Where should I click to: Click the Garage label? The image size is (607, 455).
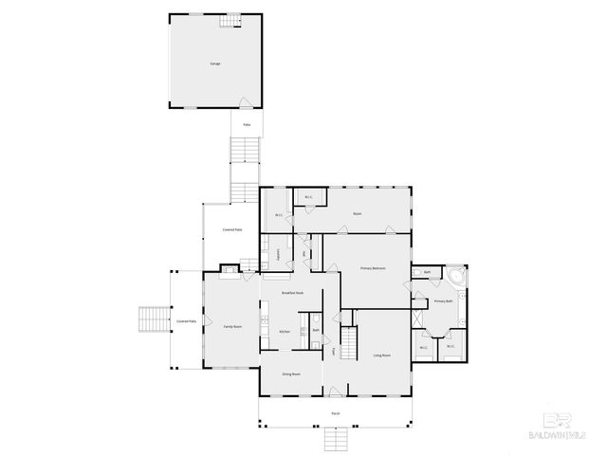pyautogui.click(x=214, y=64)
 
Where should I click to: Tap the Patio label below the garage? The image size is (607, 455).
pyautogui.click(x=247, y=124)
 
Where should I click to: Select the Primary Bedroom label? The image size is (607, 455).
pyautogui.click(x=372, y=269)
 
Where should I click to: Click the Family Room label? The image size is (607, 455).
pyautogui.click(x=232, y=327)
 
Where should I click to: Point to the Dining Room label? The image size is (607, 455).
pyautogui.click(x=291, y=374)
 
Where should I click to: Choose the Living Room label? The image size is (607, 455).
pyautogui.click(x=382, y=355)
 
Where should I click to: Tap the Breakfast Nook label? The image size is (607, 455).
pyautogui.click(x=292, y=293)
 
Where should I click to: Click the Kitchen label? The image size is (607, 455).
pyautogui.click(x=284, y=331)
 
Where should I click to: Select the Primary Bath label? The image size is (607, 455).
pyautogui.click(x=442, y=301)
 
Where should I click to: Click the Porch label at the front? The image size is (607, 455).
pyautogui.click(x=336, y=414)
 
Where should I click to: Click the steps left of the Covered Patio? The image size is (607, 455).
pyautogui.click(x=152, y=318)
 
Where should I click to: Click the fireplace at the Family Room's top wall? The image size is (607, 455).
pyautogui.click(x=229, y=271)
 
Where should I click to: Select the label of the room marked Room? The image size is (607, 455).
pyautogui.click(x=358, y=214)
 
